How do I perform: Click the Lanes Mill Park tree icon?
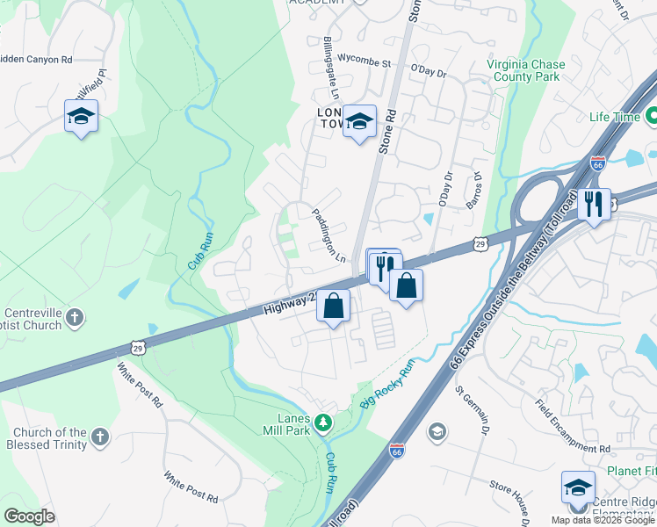(324, 423)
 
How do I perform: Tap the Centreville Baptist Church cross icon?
(76, 316)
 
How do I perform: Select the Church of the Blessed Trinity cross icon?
(100, 437)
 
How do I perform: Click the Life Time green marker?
(651, 116)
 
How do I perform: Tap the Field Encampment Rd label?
(573, 426)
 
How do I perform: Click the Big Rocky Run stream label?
(386, 384)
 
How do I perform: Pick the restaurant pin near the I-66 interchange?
(595, 206)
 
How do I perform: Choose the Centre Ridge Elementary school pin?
(578, 488)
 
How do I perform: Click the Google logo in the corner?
(29, 516)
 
